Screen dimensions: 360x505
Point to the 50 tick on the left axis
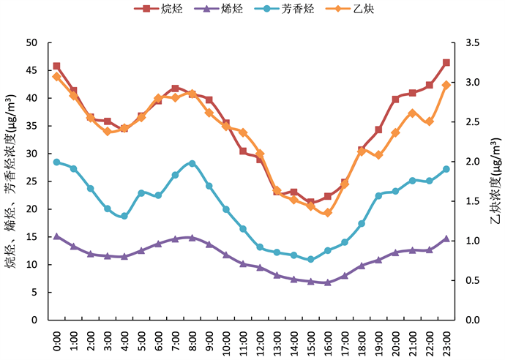pyautogui.click(x=31, y=42)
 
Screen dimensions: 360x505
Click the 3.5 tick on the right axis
pyautogui.click(x=466, y=42)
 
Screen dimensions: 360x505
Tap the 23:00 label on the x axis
pyautogui.click(x=447, y=338)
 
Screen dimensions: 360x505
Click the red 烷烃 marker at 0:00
pyautogui.click(x=56, y=66)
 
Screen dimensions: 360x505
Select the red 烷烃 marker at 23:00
pyautogui.click(x=446, y=63)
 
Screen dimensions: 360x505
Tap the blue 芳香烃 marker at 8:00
pyautogui.click(x=192, y=163)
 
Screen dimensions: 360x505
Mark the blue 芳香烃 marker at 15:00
pyautogui.click(x=310, y=259)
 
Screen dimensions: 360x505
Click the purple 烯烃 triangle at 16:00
pyautogui.click(x=327, y=282)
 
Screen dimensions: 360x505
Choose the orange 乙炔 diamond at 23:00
pyautogui.click(x=446, y=85)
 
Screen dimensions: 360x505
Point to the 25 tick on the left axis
pyautogui.click(x=31, y=181)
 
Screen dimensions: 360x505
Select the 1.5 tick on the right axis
pyautogui.click(x=466, y=201)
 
